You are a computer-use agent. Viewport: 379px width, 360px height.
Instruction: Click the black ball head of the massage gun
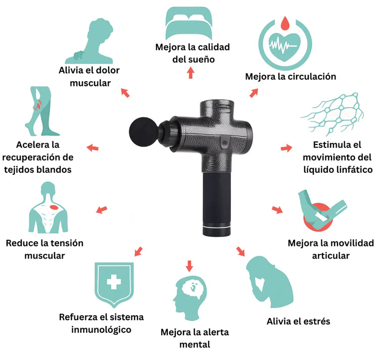tap(144, 132)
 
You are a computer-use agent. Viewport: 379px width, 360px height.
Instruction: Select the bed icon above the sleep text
tap(189, 23)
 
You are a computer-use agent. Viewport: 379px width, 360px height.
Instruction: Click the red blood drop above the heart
tap(285, 23)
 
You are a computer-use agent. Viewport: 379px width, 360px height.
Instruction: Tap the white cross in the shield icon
tap(114, 282)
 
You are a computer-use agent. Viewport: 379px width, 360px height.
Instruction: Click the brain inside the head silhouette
tap(194, 287)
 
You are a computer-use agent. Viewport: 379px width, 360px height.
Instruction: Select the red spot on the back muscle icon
tap(54, 208)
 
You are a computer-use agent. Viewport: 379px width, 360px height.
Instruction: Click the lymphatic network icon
tap(333, 114)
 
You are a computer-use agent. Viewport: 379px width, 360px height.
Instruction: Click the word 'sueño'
tap(203, 60)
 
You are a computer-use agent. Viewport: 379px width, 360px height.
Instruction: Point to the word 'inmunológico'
tap(101, 330)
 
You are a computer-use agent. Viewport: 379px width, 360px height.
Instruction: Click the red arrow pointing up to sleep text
tap(191, 73)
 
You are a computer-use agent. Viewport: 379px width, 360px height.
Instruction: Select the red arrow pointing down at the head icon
tap(189, 266)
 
